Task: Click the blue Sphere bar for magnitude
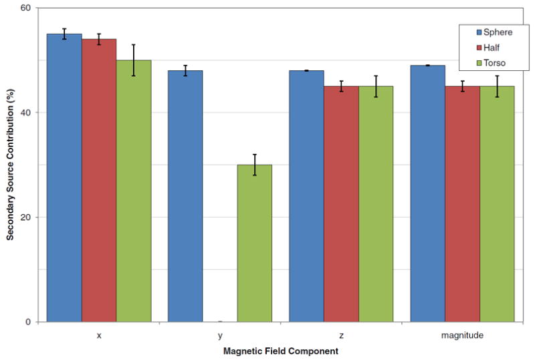(428, 193)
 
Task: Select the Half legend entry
(488, 47)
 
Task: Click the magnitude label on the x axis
(462, 335)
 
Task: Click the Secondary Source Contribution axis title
(11, 165)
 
